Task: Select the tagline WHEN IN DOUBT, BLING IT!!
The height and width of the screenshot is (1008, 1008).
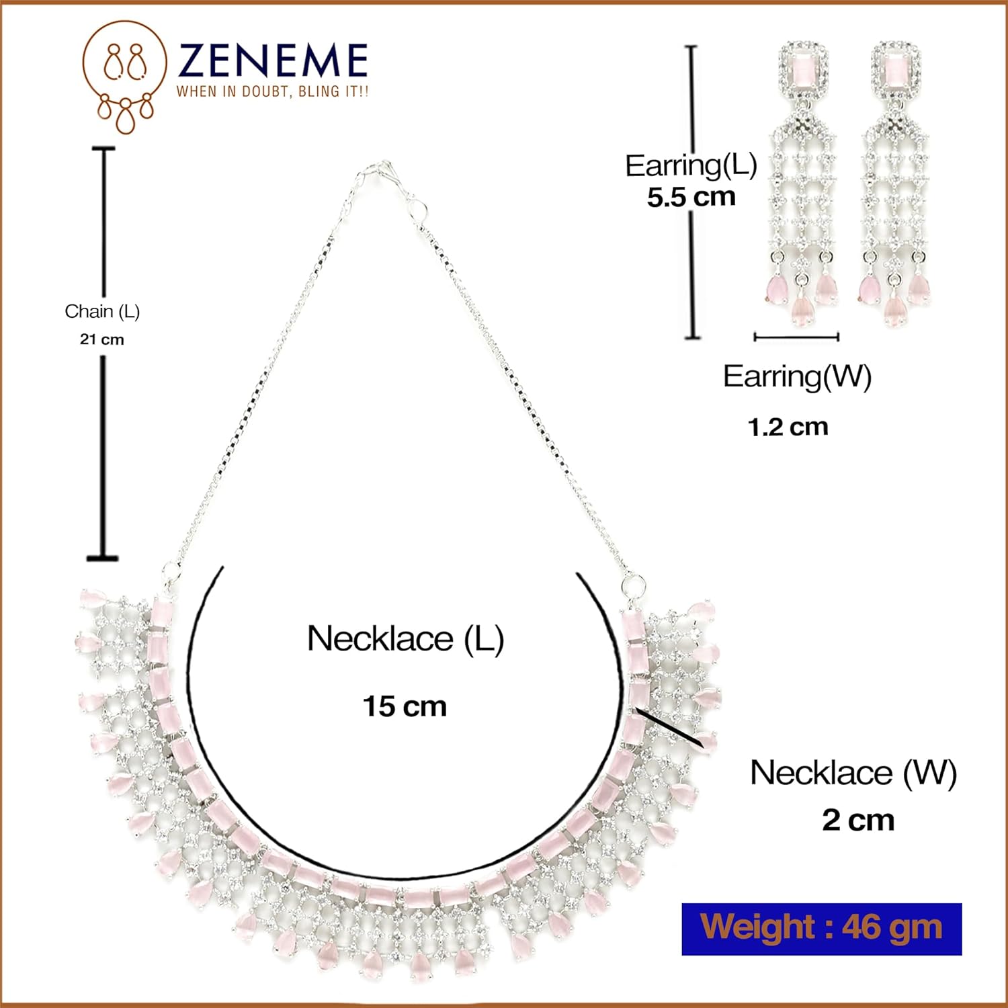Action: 272,91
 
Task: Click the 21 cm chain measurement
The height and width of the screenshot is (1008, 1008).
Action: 102,339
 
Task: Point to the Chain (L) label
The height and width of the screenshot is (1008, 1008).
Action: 102,311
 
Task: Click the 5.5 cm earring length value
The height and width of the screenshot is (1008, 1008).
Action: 691,197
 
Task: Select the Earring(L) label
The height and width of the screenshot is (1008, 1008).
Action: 691,165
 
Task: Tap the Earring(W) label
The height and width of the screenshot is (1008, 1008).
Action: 797,376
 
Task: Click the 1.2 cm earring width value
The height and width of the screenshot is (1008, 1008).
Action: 788,427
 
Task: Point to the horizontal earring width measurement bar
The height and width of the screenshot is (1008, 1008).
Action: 796,337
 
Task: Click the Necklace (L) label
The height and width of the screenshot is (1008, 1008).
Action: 405,638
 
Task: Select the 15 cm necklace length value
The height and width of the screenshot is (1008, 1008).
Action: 405,706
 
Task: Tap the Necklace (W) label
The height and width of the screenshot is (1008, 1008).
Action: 853,773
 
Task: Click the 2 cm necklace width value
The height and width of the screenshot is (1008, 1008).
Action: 858,821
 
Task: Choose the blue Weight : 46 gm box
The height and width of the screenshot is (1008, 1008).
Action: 821,929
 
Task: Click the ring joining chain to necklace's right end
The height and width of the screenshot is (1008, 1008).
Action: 632,584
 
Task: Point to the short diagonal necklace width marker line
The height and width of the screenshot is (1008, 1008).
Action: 668,726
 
